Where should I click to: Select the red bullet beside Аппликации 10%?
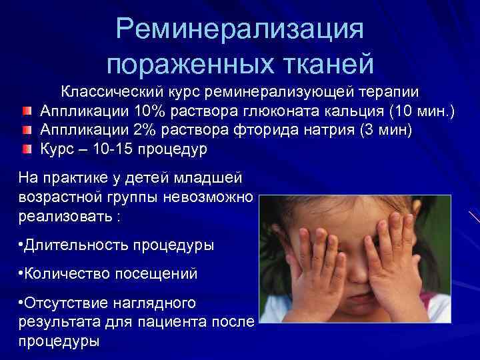26,111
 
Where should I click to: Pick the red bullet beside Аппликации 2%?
26,130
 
